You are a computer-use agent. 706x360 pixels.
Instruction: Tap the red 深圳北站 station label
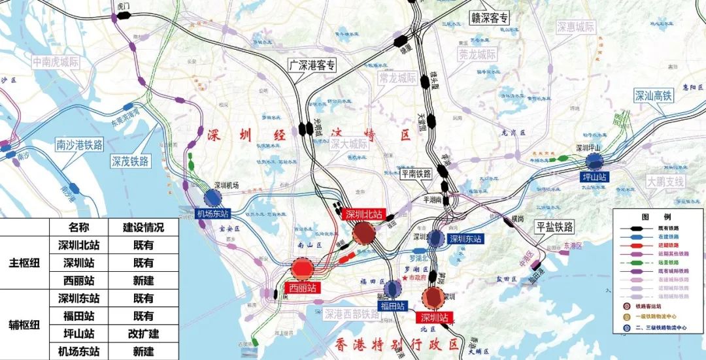pos(363,215)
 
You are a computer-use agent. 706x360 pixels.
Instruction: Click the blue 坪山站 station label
pos(594,177)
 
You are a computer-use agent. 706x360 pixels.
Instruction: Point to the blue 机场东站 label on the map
pos(213,214)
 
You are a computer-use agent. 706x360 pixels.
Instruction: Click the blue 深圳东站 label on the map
pos(465,239)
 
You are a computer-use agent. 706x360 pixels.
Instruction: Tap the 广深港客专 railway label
pos(312,65)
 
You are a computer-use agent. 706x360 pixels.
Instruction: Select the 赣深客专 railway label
pos(490,18)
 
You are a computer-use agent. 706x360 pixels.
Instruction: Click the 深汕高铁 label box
pos(653,95)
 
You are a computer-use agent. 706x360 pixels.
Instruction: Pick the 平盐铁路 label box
pos(554,227)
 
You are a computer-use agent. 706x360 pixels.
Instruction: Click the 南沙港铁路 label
pos(80,144)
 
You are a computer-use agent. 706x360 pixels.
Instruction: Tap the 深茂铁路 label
pos(130,161)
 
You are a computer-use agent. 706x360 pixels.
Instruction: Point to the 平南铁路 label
pos(416,174)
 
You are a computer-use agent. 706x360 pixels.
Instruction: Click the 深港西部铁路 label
pos(353,314)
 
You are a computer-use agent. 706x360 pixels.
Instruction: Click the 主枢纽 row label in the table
pos(25,263)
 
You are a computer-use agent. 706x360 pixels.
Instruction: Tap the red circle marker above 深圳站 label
pos(433,297)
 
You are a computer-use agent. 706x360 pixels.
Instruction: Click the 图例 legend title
pos(658,216)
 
